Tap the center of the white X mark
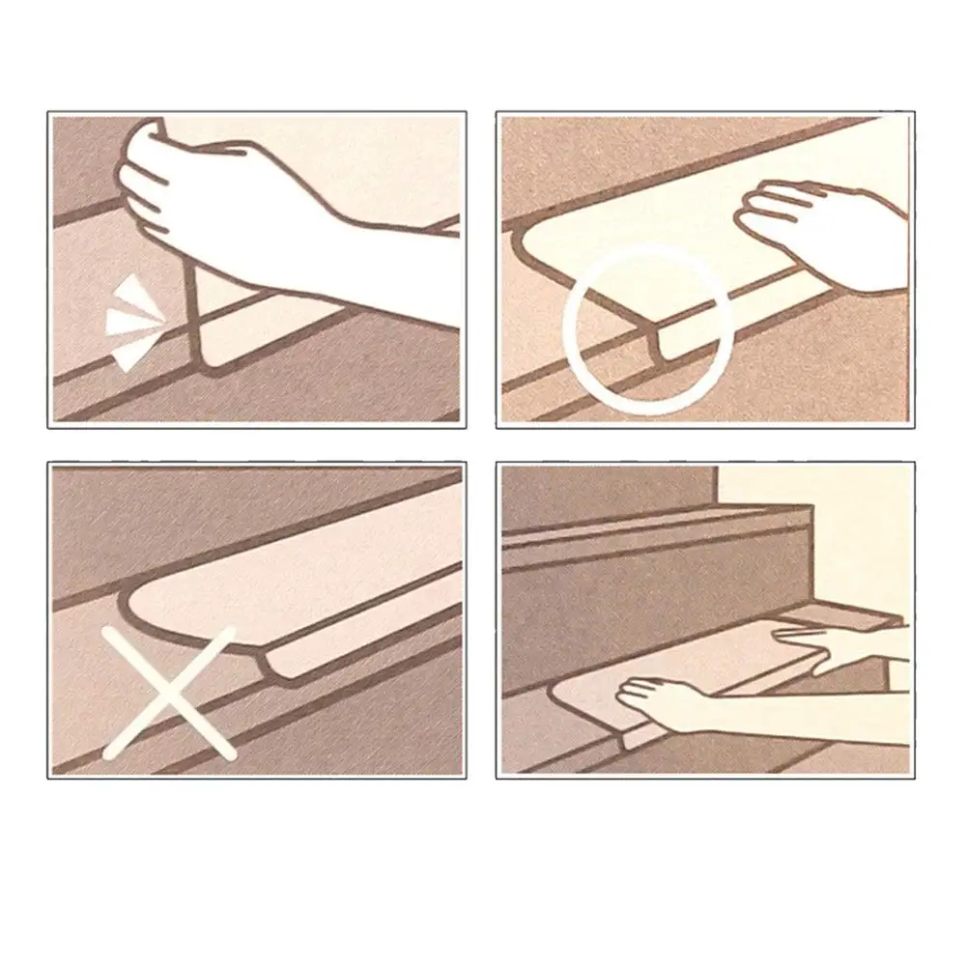[170, 691]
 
